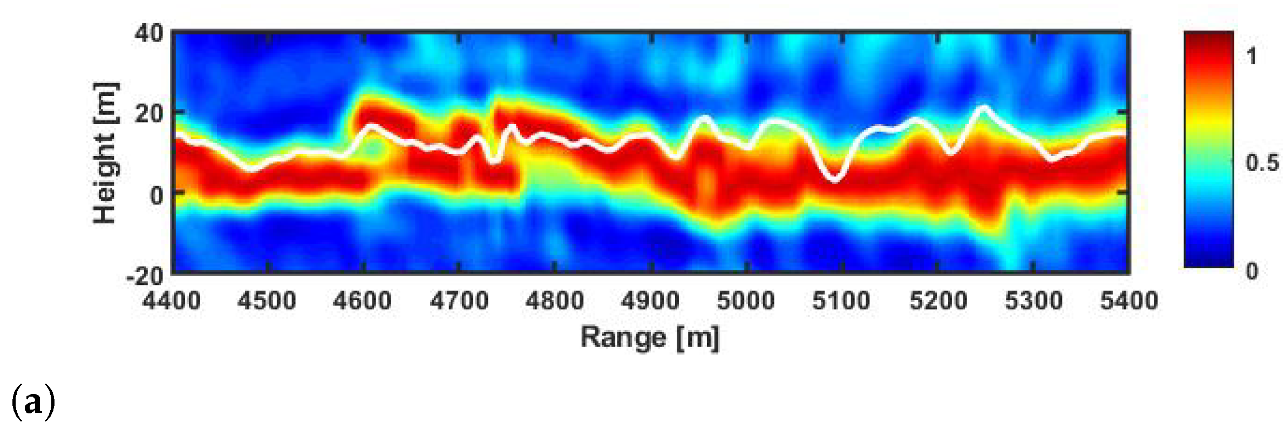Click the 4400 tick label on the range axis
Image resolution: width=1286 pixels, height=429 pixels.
(172, 301)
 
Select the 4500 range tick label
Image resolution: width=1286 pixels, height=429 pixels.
(267, 301)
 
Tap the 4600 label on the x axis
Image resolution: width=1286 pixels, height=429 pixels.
(362, 301)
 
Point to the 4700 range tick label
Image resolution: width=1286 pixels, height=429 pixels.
(459, 301)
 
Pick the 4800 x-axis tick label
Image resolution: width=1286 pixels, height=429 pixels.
(555, 301)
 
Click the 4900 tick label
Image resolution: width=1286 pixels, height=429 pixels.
(650, 301)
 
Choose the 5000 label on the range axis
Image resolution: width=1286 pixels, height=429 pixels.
(746, 301)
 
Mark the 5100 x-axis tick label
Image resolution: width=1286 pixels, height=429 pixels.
(841, 301)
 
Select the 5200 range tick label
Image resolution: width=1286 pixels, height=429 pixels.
(938, 301)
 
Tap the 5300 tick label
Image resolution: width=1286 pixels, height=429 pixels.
(1033, 301)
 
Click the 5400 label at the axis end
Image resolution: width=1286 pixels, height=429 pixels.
(1129, 301)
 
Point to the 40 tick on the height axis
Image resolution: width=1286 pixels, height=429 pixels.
(148, 34)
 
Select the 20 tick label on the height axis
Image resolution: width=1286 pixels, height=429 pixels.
(148, 114)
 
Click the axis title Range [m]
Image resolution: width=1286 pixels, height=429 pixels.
(650, 338)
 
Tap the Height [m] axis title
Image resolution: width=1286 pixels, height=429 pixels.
(105, 153)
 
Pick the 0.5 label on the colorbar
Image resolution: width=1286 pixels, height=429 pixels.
(1262, 163)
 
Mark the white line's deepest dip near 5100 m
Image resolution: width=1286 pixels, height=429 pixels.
(834, 179)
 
